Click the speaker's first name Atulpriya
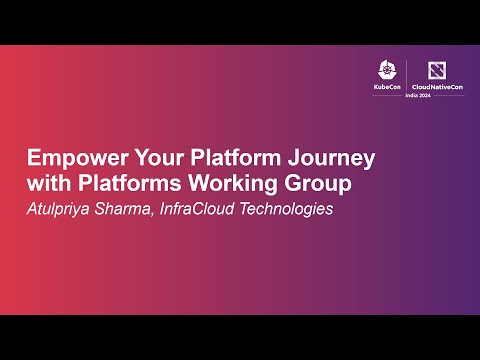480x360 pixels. [x=66, y=210]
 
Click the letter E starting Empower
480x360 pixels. [x=33, y=160]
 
